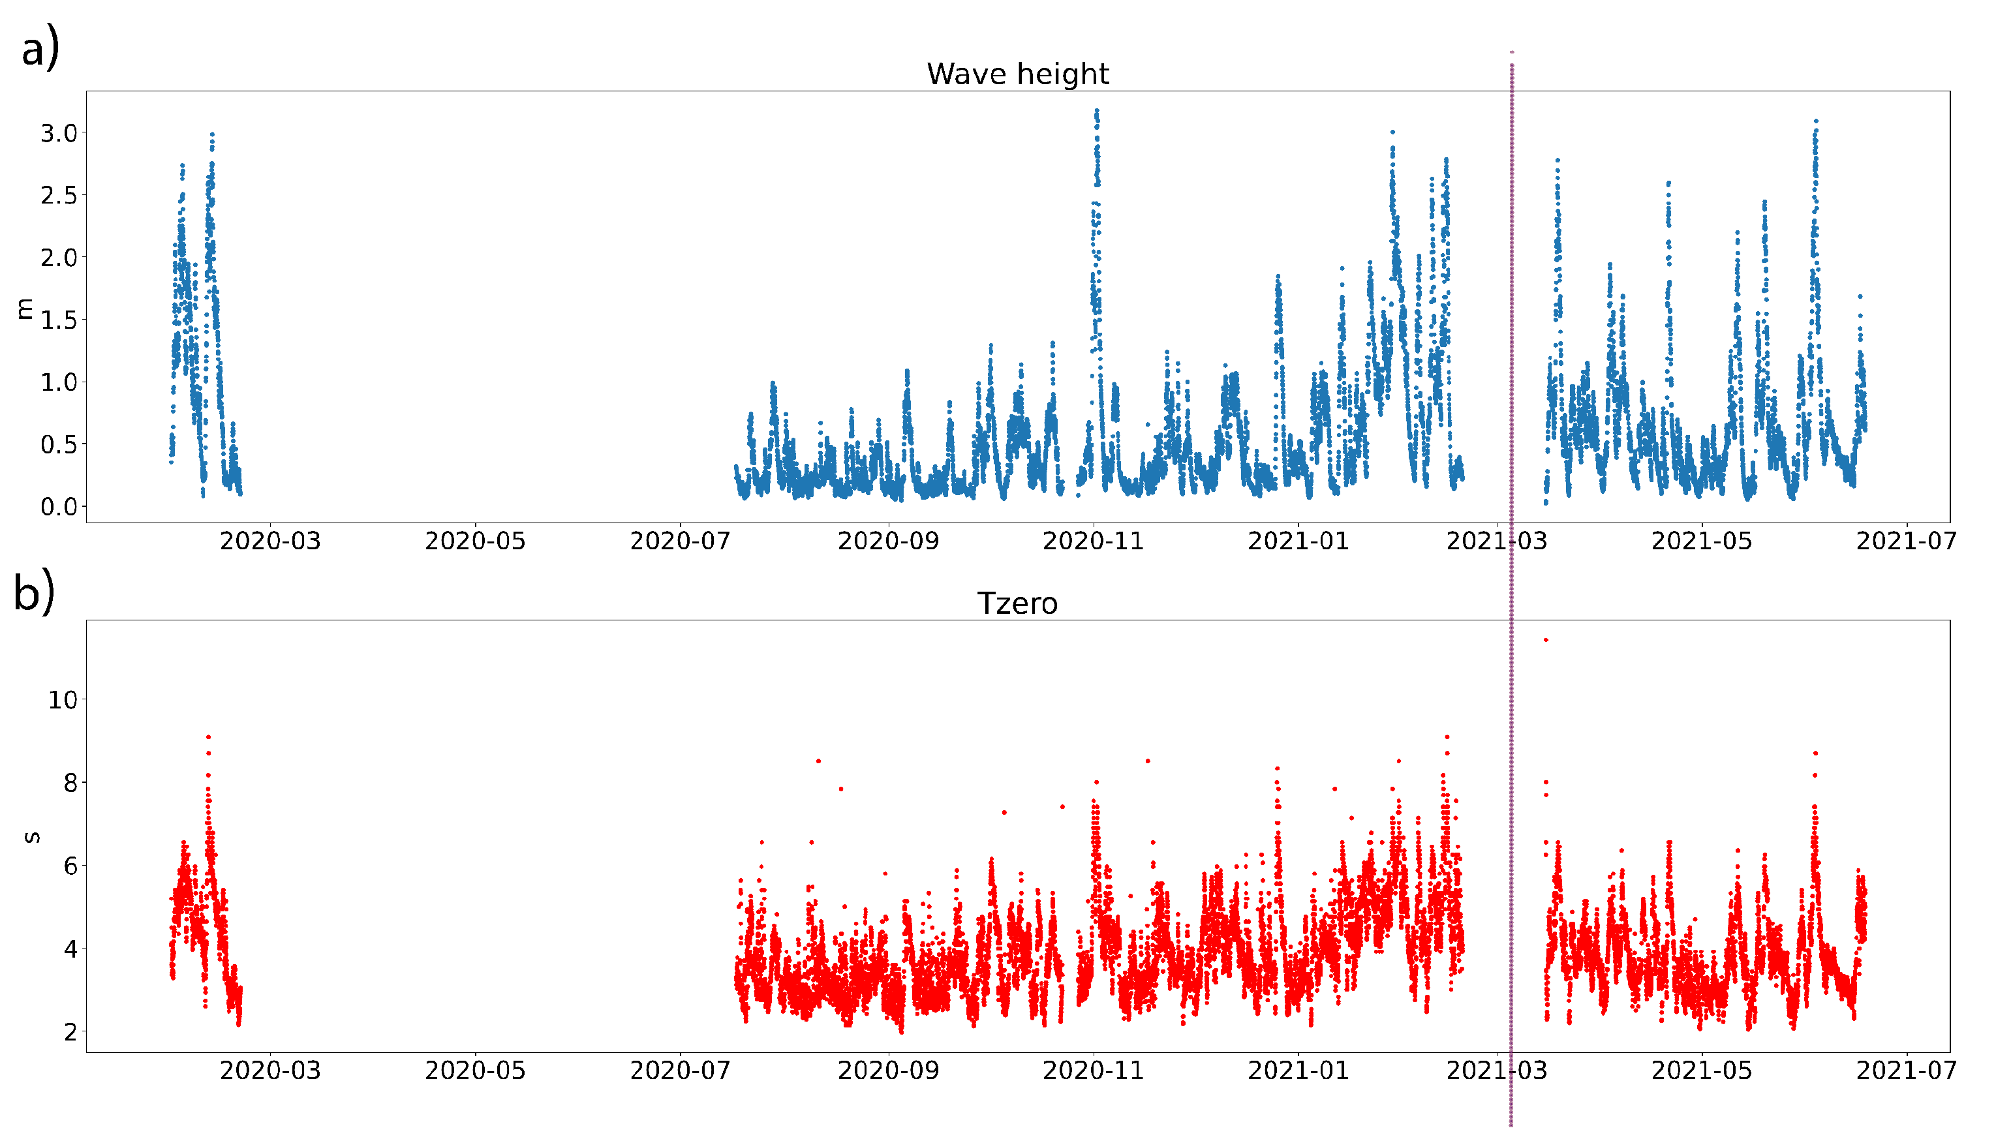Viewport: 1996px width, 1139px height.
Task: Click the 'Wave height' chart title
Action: [x=1017, y=74]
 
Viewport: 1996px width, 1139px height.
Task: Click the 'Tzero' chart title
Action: [x=1017, y=604]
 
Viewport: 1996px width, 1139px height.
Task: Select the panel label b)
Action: [x=34, y=592]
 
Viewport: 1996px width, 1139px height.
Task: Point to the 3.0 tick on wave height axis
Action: [x=59, y=133]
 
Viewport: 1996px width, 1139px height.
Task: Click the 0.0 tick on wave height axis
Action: [x=59, y=507]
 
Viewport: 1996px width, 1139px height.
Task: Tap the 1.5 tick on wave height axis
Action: [x=59, y=320]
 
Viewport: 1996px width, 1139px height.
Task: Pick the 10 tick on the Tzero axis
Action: [x=63, y=699]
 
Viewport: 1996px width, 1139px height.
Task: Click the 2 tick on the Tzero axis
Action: [x=70, y=1032]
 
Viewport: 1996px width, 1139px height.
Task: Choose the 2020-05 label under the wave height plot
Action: [x=475, y=541]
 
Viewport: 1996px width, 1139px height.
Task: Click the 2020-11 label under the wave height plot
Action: [x=1093, y=541]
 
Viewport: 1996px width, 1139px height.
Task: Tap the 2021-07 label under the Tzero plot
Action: [x=1906, y=1070]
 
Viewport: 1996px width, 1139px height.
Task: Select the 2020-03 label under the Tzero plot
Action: [x=270, y=1070]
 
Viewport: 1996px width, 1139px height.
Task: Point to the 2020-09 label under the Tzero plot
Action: [x=888, y=1070]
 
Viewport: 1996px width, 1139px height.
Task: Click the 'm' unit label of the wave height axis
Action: [x=24, y=309]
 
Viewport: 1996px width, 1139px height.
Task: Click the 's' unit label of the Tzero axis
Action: [x=32, y=837]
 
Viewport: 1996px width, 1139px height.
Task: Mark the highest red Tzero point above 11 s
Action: [x=1545, y=640]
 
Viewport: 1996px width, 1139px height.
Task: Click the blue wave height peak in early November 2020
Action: [x=1096, y=111]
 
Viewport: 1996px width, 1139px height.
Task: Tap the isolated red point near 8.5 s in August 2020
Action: [x=818, y=761]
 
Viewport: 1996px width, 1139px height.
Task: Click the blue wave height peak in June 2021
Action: [x=1816, y=121]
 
